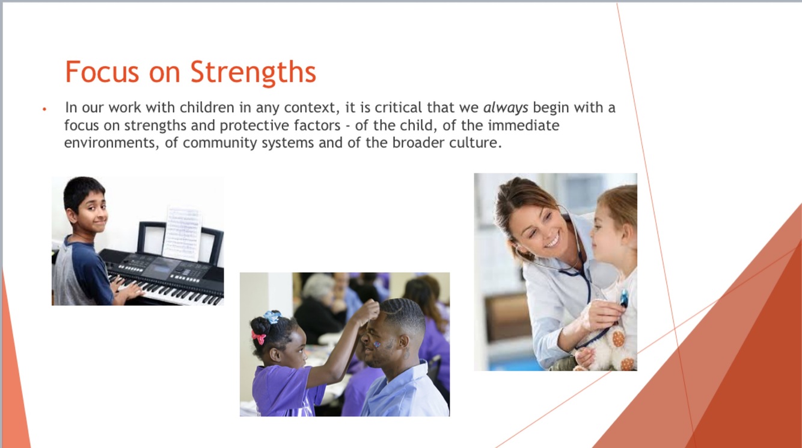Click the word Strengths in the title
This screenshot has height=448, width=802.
pyautogui.click(x=253, y=72)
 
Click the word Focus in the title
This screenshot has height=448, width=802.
pyautogui.click(x=102, y=72)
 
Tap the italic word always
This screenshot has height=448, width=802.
pyautogui.click(x=506, y=108)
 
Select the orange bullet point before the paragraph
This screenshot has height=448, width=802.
pyautogui.click(x=44, y=108)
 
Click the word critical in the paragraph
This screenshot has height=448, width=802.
pyautogui.click(x=398, y=107)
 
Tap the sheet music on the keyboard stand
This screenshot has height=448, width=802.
pyautogui.click(x=182, y=233)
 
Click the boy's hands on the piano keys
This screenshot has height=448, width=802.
pyautogui.click(x=126, y=288)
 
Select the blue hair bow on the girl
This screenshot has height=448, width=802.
pyautogui.click(x=273, y=316)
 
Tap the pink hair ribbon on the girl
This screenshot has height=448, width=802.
pyautogui.click(x=258, y=338)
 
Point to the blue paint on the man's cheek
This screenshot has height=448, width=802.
pyautogui.click(x=377, y=344)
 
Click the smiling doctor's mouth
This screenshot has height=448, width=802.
pyautogui.click(x=552, y=241)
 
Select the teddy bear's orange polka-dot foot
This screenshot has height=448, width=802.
pyautogui.click(x=618, y=338)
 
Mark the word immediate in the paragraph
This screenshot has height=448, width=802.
pyautogui.click(x=524, y=125)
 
